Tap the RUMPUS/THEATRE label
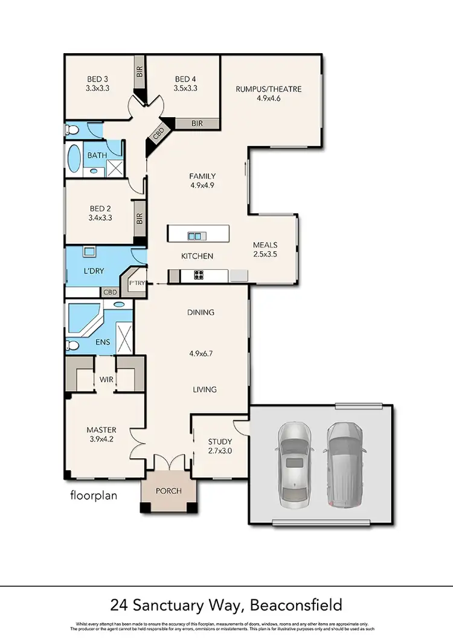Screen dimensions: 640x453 coord(268,89)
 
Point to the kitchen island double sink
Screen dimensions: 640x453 coord(194,235)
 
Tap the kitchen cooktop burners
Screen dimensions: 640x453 coord(199,276)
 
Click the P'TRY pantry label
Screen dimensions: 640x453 coord(136,282)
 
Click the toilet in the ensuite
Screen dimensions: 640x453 coord(72,346)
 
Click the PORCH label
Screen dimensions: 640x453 coord(169,490)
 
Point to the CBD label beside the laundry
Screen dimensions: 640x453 coord(111,292)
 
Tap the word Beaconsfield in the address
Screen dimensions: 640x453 coord(291,604)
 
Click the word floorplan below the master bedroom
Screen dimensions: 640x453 coord(94,496)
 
